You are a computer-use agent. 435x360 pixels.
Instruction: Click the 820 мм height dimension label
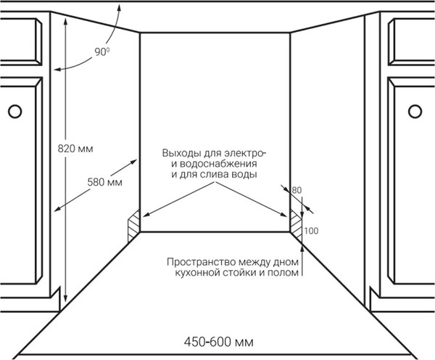(75, 149)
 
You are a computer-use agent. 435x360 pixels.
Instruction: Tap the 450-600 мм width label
(217, 340)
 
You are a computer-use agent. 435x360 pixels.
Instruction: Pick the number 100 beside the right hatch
(311, 231)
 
